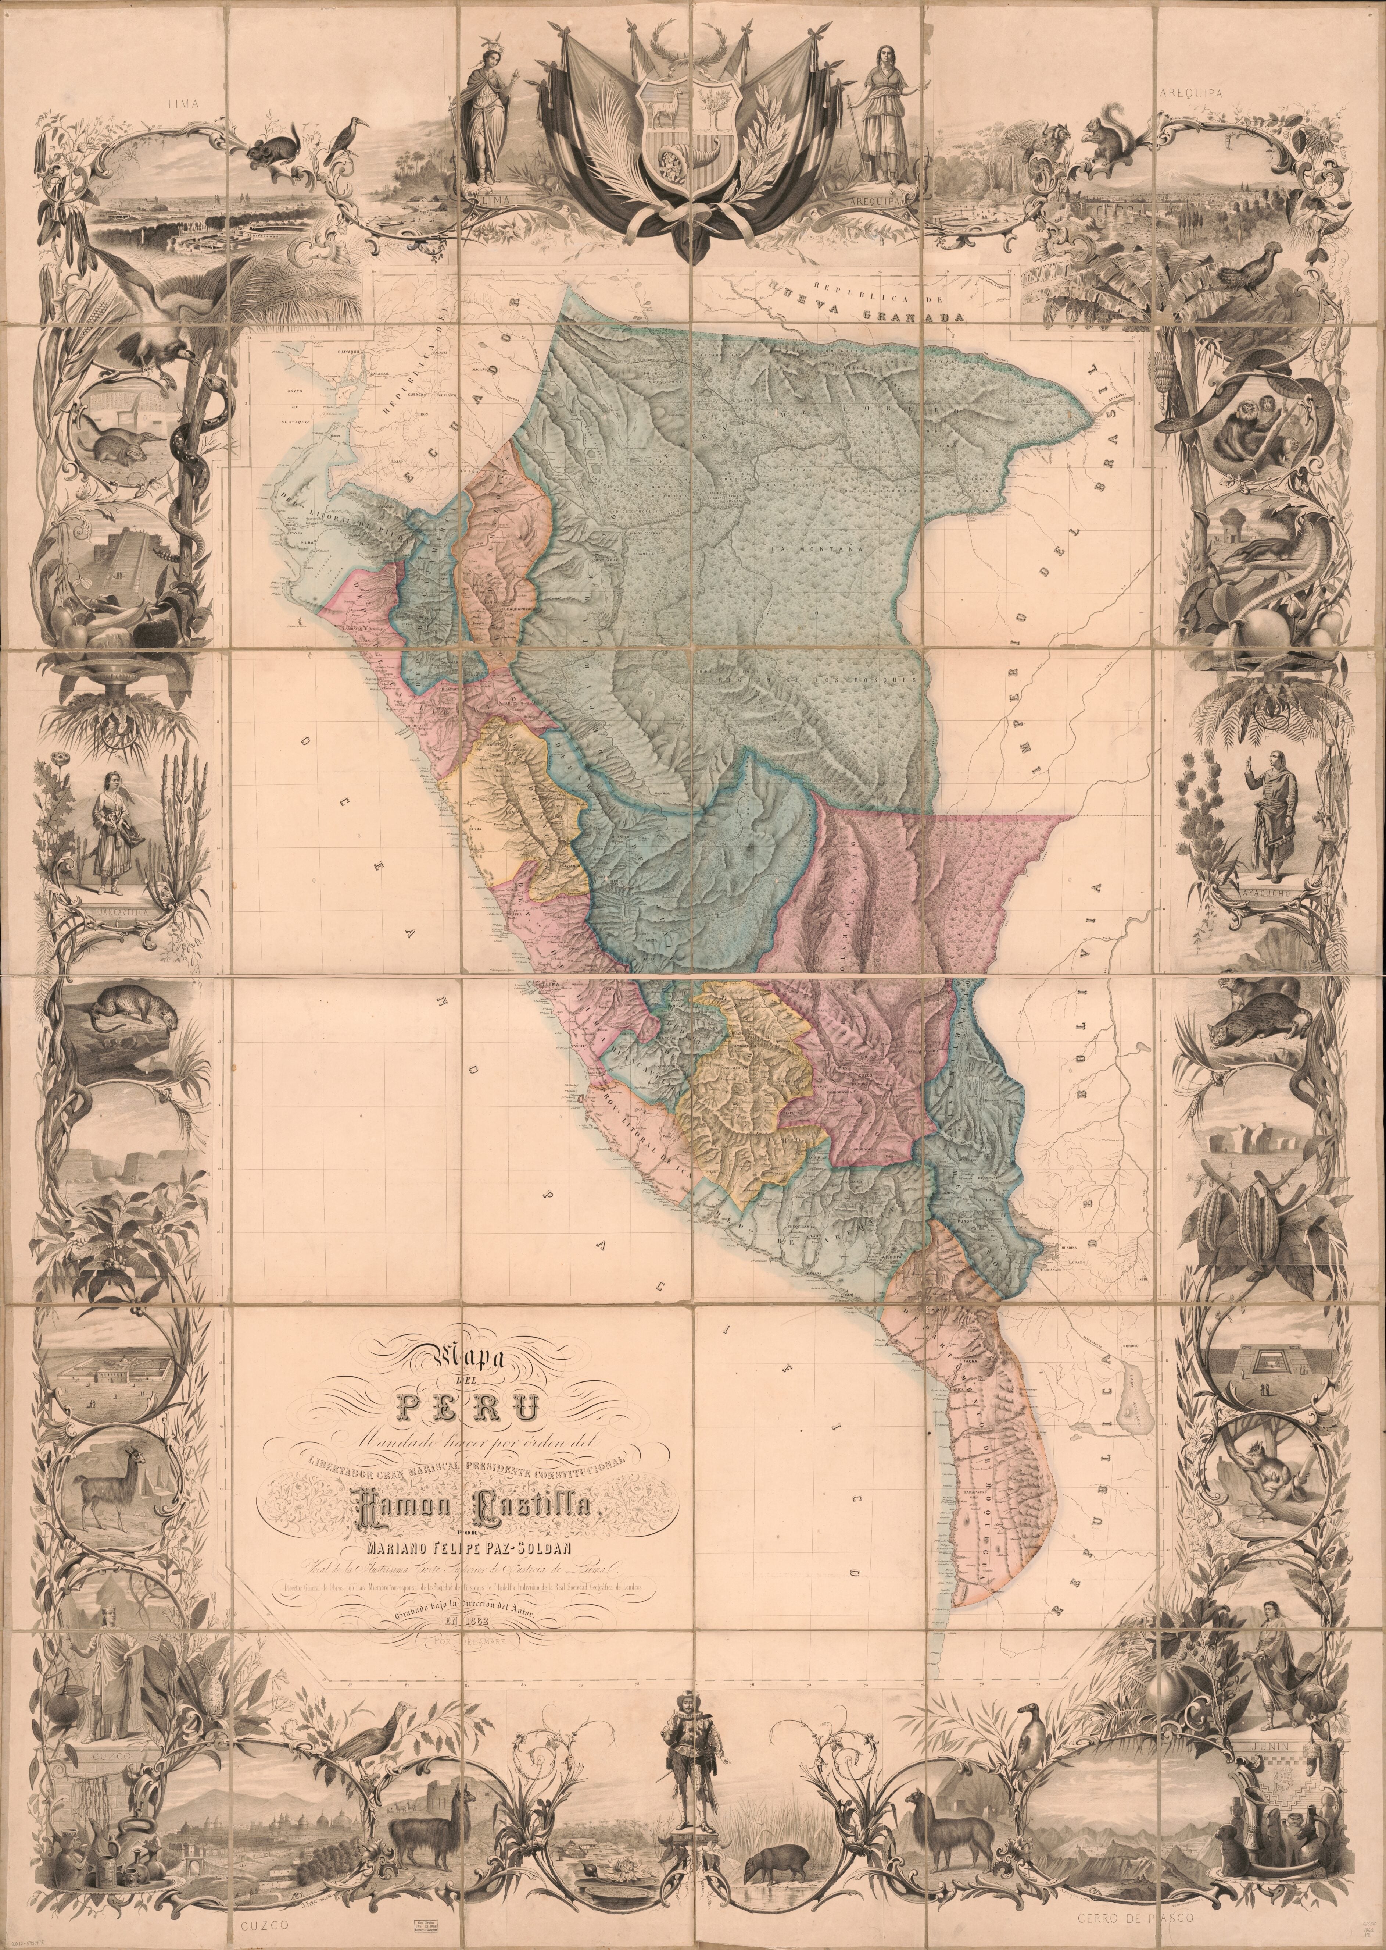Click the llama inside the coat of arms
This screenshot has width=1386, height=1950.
tap(660, 109)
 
